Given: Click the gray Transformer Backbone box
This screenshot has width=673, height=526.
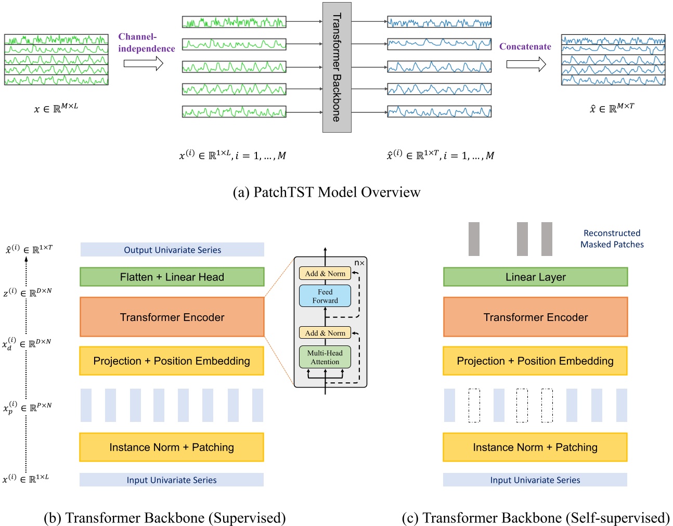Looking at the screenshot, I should (336, 67).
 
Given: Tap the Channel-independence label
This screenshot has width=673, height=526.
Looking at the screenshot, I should (146, 43).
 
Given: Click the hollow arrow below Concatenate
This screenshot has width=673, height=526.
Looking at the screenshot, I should (526, 64).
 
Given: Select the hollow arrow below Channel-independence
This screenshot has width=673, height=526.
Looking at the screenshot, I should (143, 63).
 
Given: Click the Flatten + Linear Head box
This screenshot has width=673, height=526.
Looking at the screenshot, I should (172, 277).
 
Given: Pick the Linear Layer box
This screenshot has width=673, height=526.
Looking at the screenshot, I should (535, 277).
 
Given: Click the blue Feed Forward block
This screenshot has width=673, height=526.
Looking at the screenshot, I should (325, 296).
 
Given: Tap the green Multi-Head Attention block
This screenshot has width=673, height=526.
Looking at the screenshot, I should (325, 357).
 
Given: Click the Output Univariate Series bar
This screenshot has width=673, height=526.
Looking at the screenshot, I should (172, 250).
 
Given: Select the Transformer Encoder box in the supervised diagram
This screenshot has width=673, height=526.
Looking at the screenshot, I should (172, 317).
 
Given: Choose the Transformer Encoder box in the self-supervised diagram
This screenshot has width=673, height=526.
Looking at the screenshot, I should (535, 317).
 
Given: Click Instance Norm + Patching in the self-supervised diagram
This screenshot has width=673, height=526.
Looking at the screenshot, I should (535, 447).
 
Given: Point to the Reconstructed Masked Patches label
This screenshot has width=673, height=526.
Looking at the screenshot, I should (612, 239).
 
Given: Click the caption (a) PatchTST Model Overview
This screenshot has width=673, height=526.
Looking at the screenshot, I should (327, 193).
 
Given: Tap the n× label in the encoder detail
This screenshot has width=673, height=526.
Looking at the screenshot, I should (359, 263).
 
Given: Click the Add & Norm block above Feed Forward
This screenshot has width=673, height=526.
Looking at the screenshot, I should (325, 274).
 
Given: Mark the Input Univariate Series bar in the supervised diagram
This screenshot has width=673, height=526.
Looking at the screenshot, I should (172, 480).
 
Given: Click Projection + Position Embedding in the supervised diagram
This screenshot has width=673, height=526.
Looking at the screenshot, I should (172, 361).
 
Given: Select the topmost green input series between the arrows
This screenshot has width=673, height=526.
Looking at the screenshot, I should (234, 22).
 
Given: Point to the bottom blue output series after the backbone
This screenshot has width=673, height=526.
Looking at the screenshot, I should (439, 111).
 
